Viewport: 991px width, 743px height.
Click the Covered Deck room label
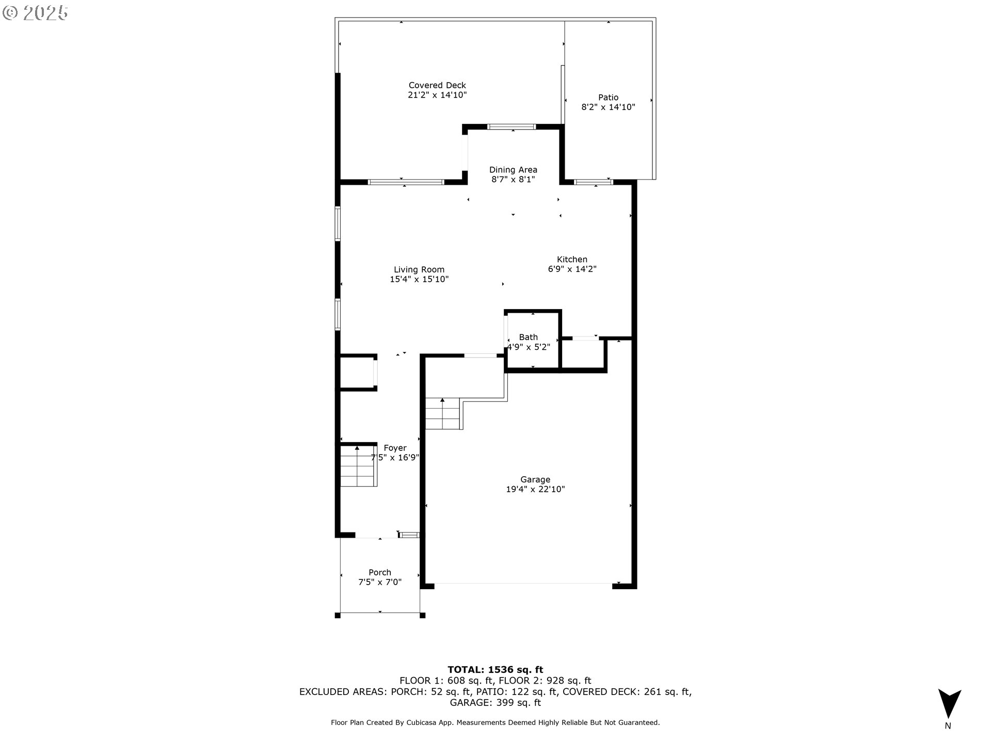(437, 85)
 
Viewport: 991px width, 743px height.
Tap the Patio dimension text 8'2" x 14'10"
(608, 107)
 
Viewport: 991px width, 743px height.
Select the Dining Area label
(513, 170)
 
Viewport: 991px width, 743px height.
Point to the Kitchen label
(572, 260)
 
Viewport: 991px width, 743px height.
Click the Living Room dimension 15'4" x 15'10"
(419, 279)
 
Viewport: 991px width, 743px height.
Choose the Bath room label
(529, 337)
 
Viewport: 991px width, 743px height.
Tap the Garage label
(535, 479)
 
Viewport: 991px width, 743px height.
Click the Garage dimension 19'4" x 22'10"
(535, 489)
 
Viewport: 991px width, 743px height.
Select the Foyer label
(395, 448)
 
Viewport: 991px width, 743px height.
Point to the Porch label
(380, 572)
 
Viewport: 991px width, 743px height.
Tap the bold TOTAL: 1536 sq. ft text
(495, 670)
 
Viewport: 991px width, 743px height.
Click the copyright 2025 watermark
(36, 13)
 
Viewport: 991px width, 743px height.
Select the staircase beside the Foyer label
(358, 466)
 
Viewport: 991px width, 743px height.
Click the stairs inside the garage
(443, 414)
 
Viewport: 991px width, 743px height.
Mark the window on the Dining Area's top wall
(512, 126)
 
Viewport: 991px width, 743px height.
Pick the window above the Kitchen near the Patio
(594, 182)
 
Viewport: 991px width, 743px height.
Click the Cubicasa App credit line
(495, 723)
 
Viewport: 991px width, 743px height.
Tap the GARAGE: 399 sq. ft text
(495, 703)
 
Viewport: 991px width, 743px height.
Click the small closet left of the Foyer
(357, 372)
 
